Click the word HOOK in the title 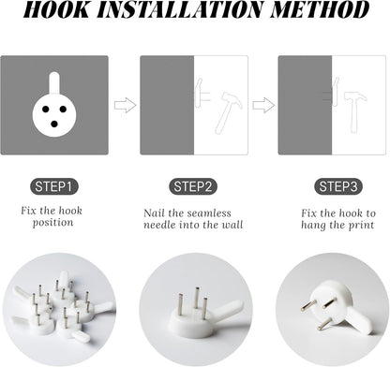click(x=56, y=9)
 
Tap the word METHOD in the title click(x=320, y=9)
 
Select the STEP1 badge click(x=53, y=186)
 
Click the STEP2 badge click(x=193, y=186)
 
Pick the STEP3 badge click(x=337, y=186)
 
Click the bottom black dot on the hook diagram click(x=54, y=125)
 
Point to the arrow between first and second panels click(x=125, y=105)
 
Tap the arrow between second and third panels click(x=263, y=105)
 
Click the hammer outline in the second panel click(x=228, y=112)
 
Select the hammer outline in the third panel click(x=355, y=111)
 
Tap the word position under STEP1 click(x=53, y=223)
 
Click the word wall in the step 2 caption click(x=232, y=225)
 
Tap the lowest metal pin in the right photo click(x=324, y=324)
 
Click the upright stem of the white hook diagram click(x=54, y=83)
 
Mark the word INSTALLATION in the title click(x=180, y=9)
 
